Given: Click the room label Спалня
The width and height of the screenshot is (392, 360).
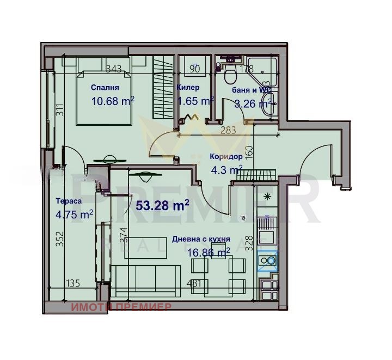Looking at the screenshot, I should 105,87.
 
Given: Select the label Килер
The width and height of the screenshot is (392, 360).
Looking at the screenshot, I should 188,87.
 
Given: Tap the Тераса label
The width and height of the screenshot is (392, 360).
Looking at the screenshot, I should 69,202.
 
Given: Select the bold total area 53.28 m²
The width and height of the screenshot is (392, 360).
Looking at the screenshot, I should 162,205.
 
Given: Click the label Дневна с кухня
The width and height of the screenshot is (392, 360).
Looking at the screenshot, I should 200,239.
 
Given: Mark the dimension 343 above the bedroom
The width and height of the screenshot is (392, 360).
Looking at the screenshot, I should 114,69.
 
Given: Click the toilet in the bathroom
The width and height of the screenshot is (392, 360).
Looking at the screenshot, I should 229,71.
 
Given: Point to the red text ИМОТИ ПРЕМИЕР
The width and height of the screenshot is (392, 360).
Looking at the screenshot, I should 121,307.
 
